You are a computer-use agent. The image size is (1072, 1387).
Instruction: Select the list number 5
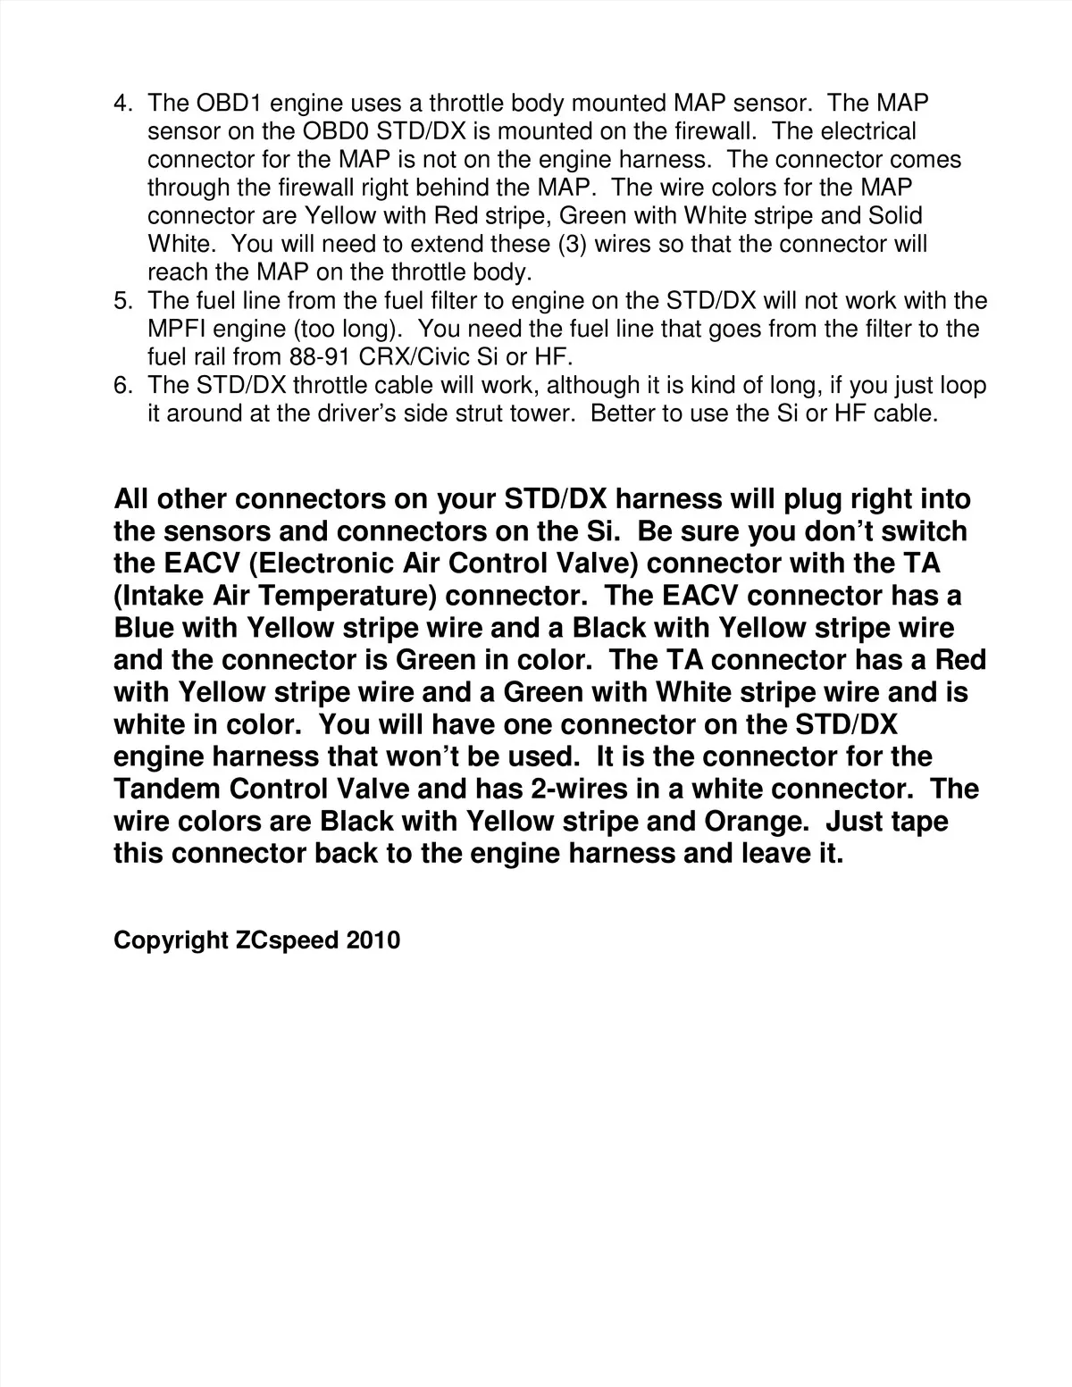click(123, 301)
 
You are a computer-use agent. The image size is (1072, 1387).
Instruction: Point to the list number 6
click(123, 386)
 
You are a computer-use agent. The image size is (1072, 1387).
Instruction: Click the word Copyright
click(171, 940)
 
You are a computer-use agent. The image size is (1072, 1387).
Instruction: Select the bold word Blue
click(143, 628)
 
